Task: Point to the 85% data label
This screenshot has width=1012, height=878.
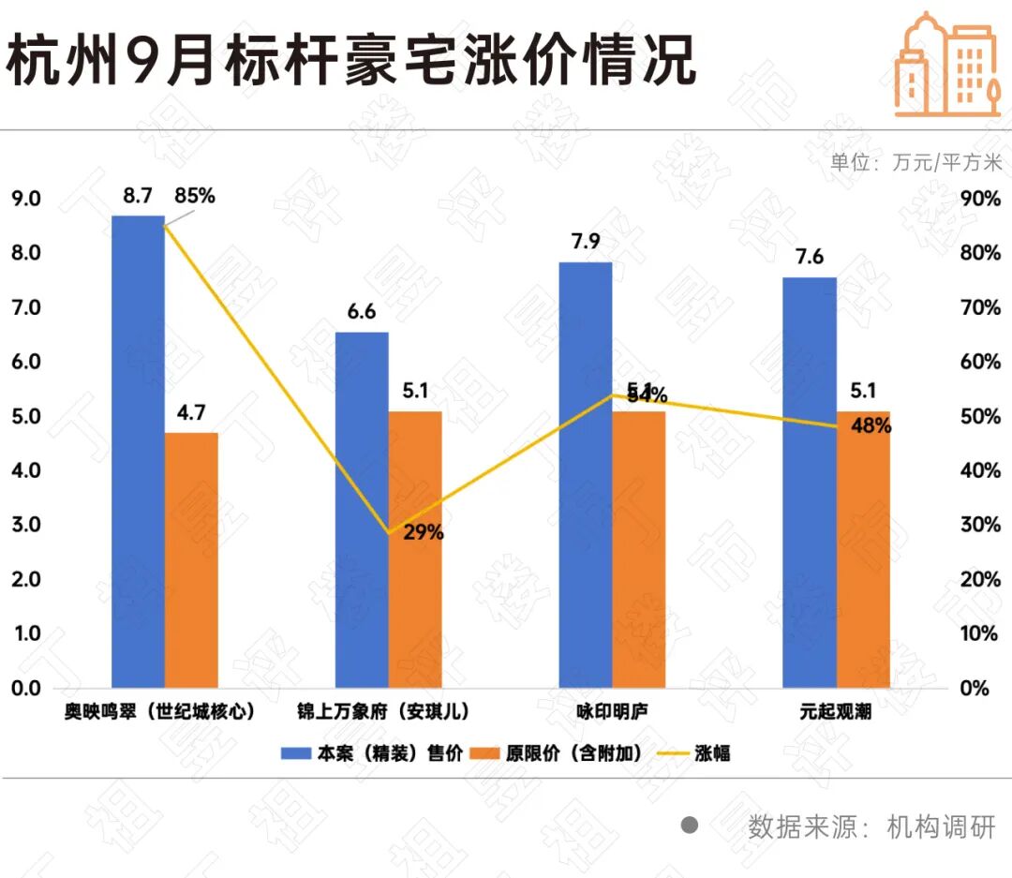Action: coord(195,196)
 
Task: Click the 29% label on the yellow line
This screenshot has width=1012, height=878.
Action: coord(424,532)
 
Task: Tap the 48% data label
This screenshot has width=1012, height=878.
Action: coord(871,425)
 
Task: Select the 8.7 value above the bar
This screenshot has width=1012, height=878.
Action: coord(137,196)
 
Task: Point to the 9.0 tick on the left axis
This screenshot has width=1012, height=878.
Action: coord(25,199)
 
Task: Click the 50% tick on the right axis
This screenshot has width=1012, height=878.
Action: coord(981,416)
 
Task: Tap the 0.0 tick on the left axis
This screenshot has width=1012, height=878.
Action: coord(25,688)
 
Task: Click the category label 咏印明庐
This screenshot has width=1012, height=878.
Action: coord(612,712)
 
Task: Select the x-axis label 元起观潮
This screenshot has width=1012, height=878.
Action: coord(836,712)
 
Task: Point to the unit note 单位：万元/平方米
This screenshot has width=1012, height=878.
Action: coord(915,162)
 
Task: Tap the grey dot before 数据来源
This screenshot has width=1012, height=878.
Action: coord(691,826)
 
